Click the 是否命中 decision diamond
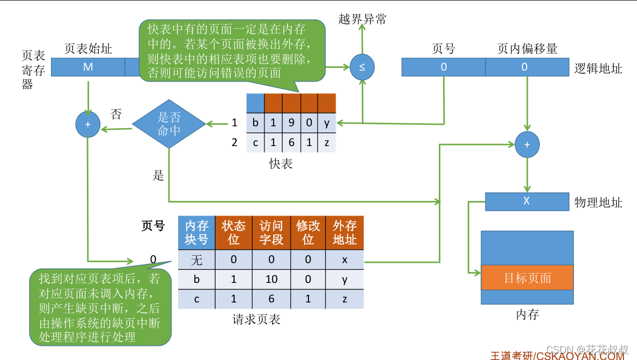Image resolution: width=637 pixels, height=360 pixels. coord(169,124)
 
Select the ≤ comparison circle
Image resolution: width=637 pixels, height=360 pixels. coord(362,67)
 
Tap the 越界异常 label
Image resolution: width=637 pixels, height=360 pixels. coord(362,20)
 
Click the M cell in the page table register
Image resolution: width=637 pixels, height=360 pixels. coord(88,67)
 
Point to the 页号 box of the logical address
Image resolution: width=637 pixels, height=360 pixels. coord(443,67)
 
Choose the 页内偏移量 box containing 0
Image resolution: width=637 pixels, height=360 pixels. coord(524,67)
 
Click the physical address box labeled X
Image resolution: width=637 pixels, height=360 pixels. coord(526,201)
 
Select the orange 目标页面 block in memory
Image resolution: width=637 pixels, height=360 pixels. coord(527,278)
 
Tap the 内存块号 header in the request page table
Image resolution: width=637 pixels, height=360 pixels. coord(197,233)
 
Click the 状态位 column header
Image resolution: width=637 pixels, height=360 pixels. coord(234,233)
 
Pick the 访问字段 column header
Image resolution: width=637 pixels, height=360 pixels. coord(271,233)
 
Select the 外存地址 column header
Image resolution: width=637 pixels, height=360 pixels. coord(345,233)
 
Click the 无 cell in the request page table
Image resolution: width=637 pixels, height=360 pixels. coord(197,260)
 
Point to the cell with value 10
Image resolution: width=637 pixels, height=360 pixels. coord(271,279)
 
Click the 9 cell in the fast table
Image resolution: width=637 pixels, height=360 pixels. coord(292,123)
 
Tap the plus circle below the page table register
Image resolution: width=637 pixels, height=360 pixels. coord(88,124)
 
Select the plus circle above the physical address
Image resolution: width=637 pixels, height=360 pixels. coord(526,144)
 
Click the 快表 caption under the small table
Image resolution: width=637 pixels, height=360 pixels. coord(281,163)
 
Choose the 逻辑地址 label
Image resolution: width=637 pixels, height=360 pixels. coord(598,68)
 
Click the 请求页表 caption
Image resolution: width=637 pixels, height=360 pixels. coord(256,319)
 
